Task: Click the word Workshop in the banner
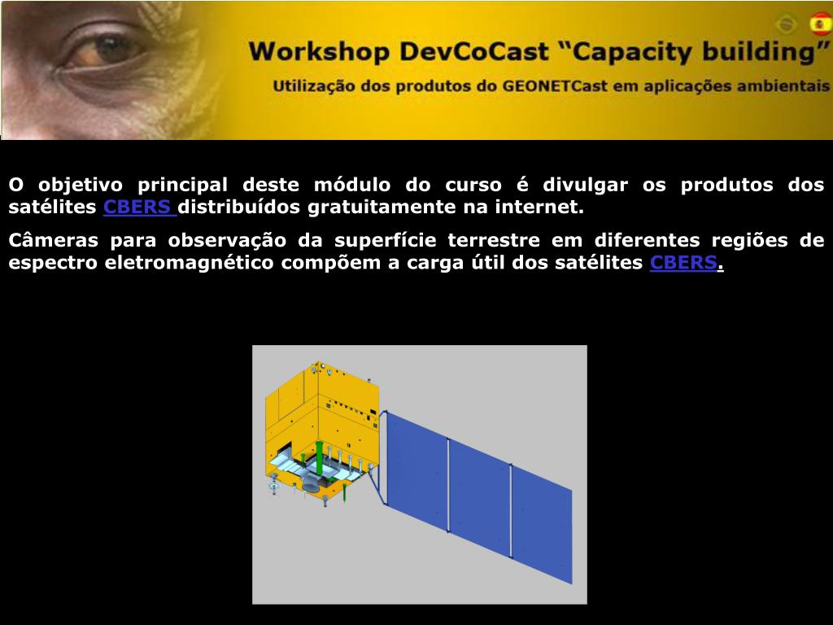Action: point(318,52)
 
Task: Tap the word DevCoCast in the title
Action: point(474,52)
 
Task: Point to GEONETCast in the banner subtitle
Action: point(554,86)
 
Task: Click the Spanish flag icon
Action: point(821,24)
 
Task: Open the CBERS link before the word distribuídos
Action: point(140,207)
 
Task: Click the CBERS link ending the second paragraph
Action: point(683,263)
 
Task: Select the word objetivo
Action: point(81,186)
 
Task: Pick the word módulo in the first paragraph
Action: point(351,185)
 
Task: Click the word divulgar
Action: point(585,186)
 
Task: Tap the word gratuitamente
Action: point(382,208)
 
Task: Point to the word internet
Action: point(539,207)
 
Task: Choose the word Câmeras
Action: point(53,240)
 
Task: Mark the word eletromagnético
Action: point(189,263)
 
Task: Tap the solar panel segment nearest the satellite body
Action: point(417,470)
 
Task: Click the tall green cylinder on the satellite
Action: point(319,458)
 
